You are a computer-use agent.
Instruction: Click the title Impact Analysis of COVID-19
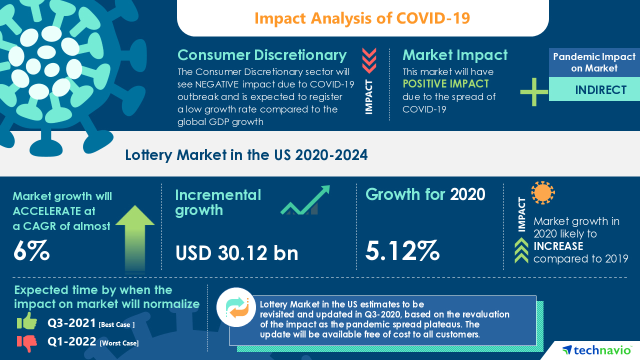point(362,18)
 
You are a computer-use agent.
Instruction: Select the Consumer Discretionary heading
point(262,55)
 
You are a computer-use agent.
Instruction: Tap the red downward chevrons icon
point(369,61)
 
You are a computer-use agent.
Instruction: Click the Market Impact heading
point(454,55)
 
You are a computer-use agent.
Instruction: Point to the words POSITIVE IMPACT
point(445,83)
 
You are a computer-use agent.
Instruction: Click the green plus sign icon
point(534,92)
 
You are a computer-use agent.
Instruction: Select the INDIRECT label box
point(594,90)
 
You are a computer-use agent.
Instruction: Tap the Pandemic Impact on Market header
point(594,62)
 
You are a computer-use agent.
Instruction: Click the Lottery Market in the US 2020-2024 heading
point(246,155)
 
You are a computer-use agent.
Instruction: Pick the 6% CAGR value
point(31,250)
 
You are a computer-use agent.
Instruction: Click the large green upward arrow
point(134,237)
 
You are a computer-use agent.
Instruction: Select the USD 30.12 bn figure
point(236,253)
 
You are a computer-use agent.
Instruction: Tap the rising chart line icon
point(305,200)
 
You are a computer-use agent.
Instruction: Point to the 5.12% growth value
point(402,250)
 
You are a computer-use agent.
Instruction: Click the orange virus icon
point(543,192)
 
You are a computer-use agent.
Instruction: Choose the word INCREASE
point(558,246)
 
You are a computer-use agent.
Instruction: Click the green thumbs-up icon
point(27,321)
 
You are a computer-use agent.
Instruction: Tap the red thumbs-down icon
point(27,342)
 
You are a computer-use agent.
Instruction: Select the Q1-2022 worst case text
point(93,342)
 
